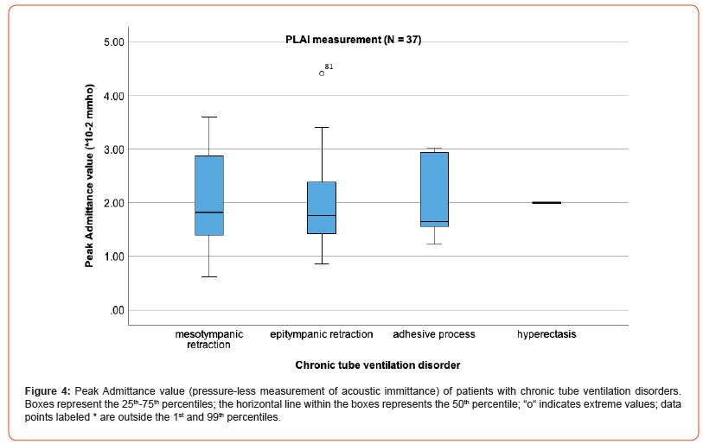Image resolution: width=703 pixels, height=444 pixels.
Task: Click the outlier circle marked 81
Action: coord(322,73)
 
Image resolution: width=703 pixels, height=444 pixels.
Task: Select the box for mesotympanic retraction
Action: coord(209,195)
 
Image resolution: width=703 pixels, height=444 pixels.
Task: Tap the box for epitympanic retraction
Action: coord(322,207)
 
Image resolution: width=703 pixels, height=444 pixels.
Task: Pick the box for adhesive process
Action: coord(434,189)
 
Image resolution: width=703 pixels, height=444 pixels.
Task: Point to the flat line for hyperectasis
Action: coord(546,202)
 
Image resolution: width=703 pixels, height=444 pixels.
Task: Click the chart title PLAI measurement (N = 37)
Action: coord(354,40)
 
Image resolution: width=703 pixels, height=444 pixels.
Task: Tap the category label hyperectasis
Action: coord(546,334)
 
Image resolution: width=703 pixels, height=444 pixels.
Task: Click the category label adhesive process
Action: coord(434,334)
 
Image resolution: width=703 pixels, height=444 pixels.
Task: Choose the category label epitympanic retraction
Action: coord(322,334)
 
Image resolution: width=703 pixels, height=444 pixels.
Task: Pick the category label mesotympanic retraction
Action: coord(209,339)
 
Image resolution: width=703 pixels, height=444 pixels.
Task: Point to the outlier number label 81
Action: coord(329,67)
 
